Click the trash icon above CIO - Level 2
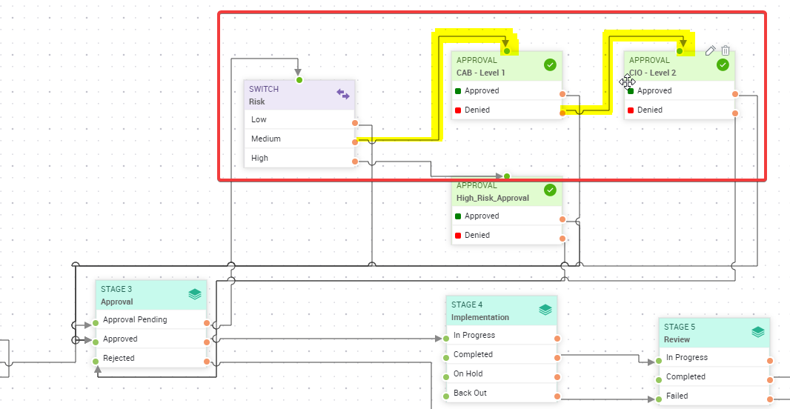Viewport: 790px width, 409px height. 726,50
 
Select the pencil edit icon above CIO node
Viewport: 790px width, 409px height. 710,50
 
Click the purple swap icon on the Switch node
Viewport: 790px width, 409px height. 342,94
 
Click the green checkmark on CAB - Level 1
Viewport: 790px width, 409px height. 550,65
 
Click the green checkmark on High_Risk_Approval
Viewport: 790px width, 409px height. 550,190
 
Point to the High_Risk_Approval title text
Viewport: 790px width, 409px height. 493,198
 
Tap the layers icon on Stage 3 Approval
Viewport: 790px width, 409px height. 194,294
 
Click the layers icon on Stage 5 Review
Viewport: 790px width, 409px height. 757,332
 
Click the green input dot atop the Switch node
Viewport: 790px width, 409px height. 299,79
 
